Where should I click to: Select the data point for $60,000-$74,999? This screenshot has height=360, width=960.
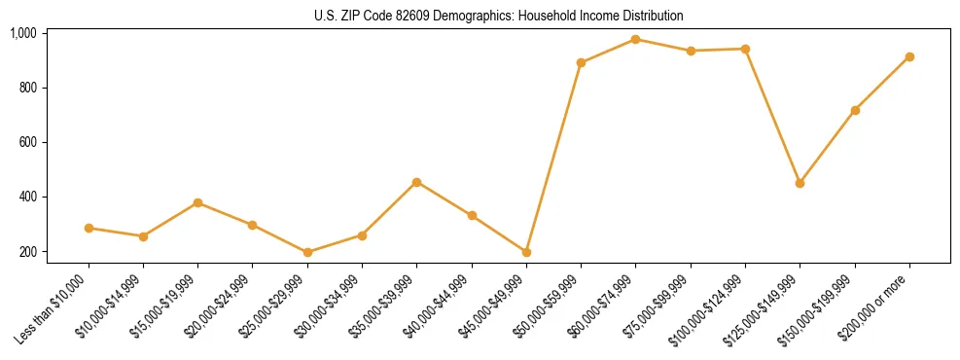click(x=635, y=39)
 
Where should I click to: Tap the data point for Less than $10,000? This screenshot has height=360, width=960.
click(x=89, y=228)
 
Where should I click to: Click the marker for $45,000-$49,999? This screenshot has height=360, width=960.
click(x=526, y=252)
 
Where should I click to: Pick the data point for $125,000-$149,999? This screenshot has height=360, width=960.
click(x=800, y=183)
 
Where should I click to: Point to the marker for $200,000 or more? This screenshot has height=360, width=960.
click(x=909, y=56)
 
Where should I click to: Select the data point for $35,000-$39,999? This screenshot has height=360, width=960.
click(x=416, y=182)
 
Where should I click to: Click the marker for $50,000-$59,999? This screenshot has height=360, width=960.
click(x=581, y=62)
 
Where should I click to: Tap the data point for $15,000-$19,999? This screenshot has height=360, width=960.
click(x=197, y=202)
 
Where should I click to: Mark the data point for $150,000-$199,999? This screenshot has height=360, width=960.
click(x=855, y=110)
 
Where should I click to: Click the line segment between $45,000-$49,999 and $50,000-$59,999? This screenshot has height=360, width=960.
click(x=553, y=158)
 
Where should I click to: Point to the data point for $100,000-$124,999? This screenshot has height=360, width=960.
click(x=745, y=49)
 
